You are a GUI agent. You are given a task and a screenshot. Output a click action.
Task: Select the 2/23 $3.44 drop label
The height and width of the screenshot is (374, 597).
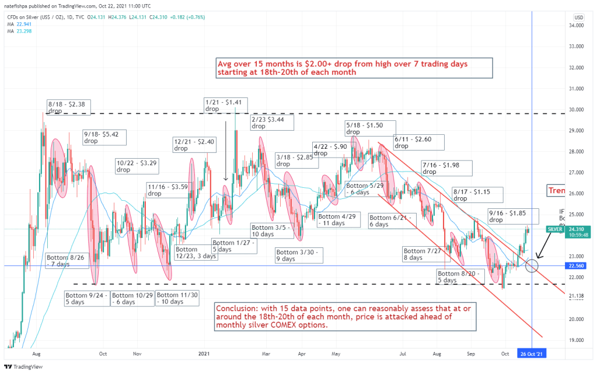coord(272,123)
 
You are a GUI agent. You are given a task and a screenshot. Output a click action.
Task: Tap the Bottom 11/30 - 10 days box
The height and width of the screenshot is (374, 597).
coord(177,298)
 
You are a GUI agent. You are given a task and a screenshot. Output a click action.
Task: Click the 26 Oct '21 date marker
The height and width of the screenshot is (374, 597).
coord(532,354)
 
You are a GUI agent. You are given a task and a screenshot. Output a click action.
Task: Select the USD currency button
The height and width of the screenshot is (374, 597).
coord(579,18)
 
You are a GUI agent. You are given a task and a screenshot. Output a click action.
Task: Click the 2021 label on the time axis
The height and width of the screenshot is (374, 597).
coord(204,354)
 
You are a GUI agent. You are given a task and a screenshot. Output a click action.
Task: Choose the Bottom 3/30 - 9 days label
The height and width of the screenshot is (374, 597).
coord(296,254)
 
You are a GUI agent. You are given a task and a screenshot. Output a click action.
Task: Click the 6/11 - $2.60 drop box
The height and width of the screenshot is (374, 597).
coord(418,142)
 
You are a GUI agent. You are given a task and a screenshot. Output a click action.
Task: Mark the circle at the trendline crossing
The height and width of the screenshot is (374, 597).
coord(532,266)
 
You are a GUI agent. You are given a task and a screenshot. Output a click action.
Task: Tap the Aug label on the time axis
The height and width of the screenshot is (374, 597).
coord(36,354)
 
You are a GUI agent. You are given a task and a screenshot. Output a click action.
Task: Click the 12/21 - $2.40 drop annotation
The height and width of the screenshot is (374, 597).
coord(194,145)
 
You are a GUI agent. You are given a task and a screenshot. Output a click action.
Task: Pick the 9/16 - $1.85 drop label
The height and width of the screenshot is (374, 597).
coord(512,216)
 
